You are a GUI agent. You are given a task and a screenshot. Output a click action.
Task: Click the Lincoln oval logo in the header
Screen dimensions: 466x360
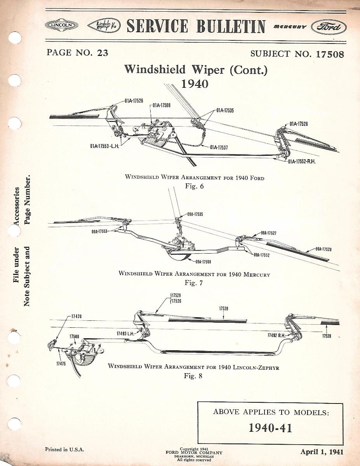tap(61, 26)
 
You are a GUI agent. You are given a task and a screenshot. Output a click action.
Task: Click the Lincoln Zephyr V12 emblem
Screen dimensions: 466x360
tap(103, 26)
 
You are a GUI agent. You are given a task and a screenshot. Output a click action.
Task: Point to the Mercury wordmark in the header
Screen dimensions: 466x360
tap(290, 27)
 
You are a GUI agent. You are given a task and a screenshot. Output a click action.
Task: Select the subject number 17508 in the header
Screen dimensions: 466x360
tap(330, 54)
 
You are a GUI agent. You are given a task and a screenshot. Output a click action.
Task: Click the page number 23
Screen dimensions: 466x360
tap(103, 52)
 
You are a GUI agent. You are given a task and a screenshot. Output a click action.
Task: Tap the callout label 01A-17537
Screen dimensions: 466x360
tap(219, 147)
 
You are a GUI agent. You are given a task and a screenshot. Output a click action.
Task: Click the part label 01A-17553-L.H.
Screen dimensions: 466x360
tap(104, 146)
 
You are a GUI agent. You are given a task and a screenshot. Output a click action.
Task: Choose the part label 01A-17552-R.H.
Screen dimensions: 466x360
tap(301, 161)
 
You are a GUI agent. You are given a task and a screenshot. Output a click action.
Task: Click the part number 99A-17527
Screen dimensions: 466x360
tap(268, 233)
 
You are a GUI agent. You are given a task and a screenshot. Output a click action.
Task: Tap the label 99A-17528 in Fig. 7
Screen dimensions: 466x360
tap(323, 249)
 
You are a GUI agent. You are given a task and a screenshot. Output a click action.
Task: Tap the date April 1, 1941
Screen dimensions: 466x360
tap(322, 452)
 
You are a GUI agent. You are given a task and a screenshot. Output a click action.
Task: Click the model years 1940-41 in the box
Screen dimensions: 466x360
tap(270, 428)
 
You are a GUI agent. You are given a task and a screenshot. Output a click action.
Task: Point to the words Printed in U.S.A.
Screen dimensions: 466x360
tap(64, 450)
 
